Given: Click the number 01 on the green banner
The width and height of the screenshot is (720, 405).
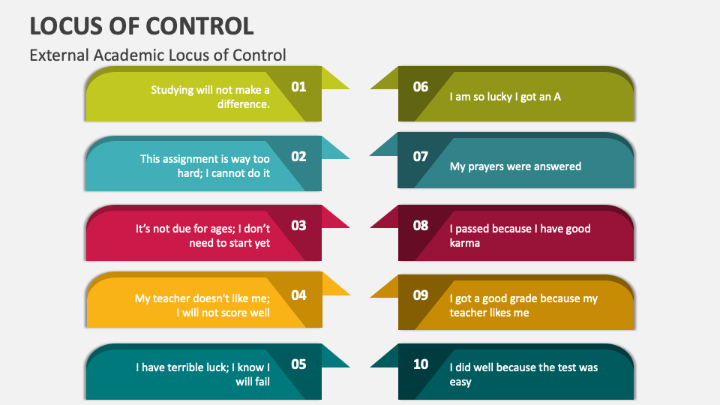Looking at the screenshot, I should click(298, 87).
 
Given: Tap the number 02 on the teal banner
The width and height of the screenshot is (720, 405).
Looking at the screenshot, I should click(298, 157).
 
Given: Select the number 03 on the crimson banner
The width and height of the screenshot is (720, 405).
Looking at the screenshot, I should click(298, 226).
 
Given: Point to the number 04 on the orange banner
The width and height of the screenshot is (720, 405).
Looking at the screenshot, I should click(298, 295).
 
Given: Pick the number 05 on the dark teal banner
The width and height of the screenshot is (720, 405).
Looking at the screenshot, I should click(298, 364).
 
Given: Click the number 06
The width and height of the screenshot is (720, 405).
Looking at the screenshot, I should click(421, 87).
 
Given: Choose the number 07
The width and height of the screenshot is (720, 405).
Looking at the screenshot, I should click(421, 157).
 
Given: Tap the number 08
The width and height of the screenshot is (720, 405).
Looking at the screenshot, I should click(421, 226).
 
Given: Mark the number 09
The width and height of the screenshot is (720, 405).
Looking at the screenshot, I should click(421, 295).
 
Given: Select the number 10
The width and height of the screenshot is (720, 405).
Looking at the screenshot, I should click(421, 364).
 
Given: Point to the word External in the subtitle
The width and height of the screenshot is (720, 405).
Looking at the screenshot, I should click(59, 55).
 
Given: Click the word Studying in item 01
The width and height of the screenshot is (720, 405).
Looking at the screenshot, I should click(172, 90).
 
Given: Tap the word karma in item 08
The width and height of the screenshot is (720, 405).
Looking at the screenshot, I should click(465, 243).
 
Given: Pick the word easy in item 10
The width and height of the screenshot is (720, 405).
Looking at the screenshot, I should click(460, 382).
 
